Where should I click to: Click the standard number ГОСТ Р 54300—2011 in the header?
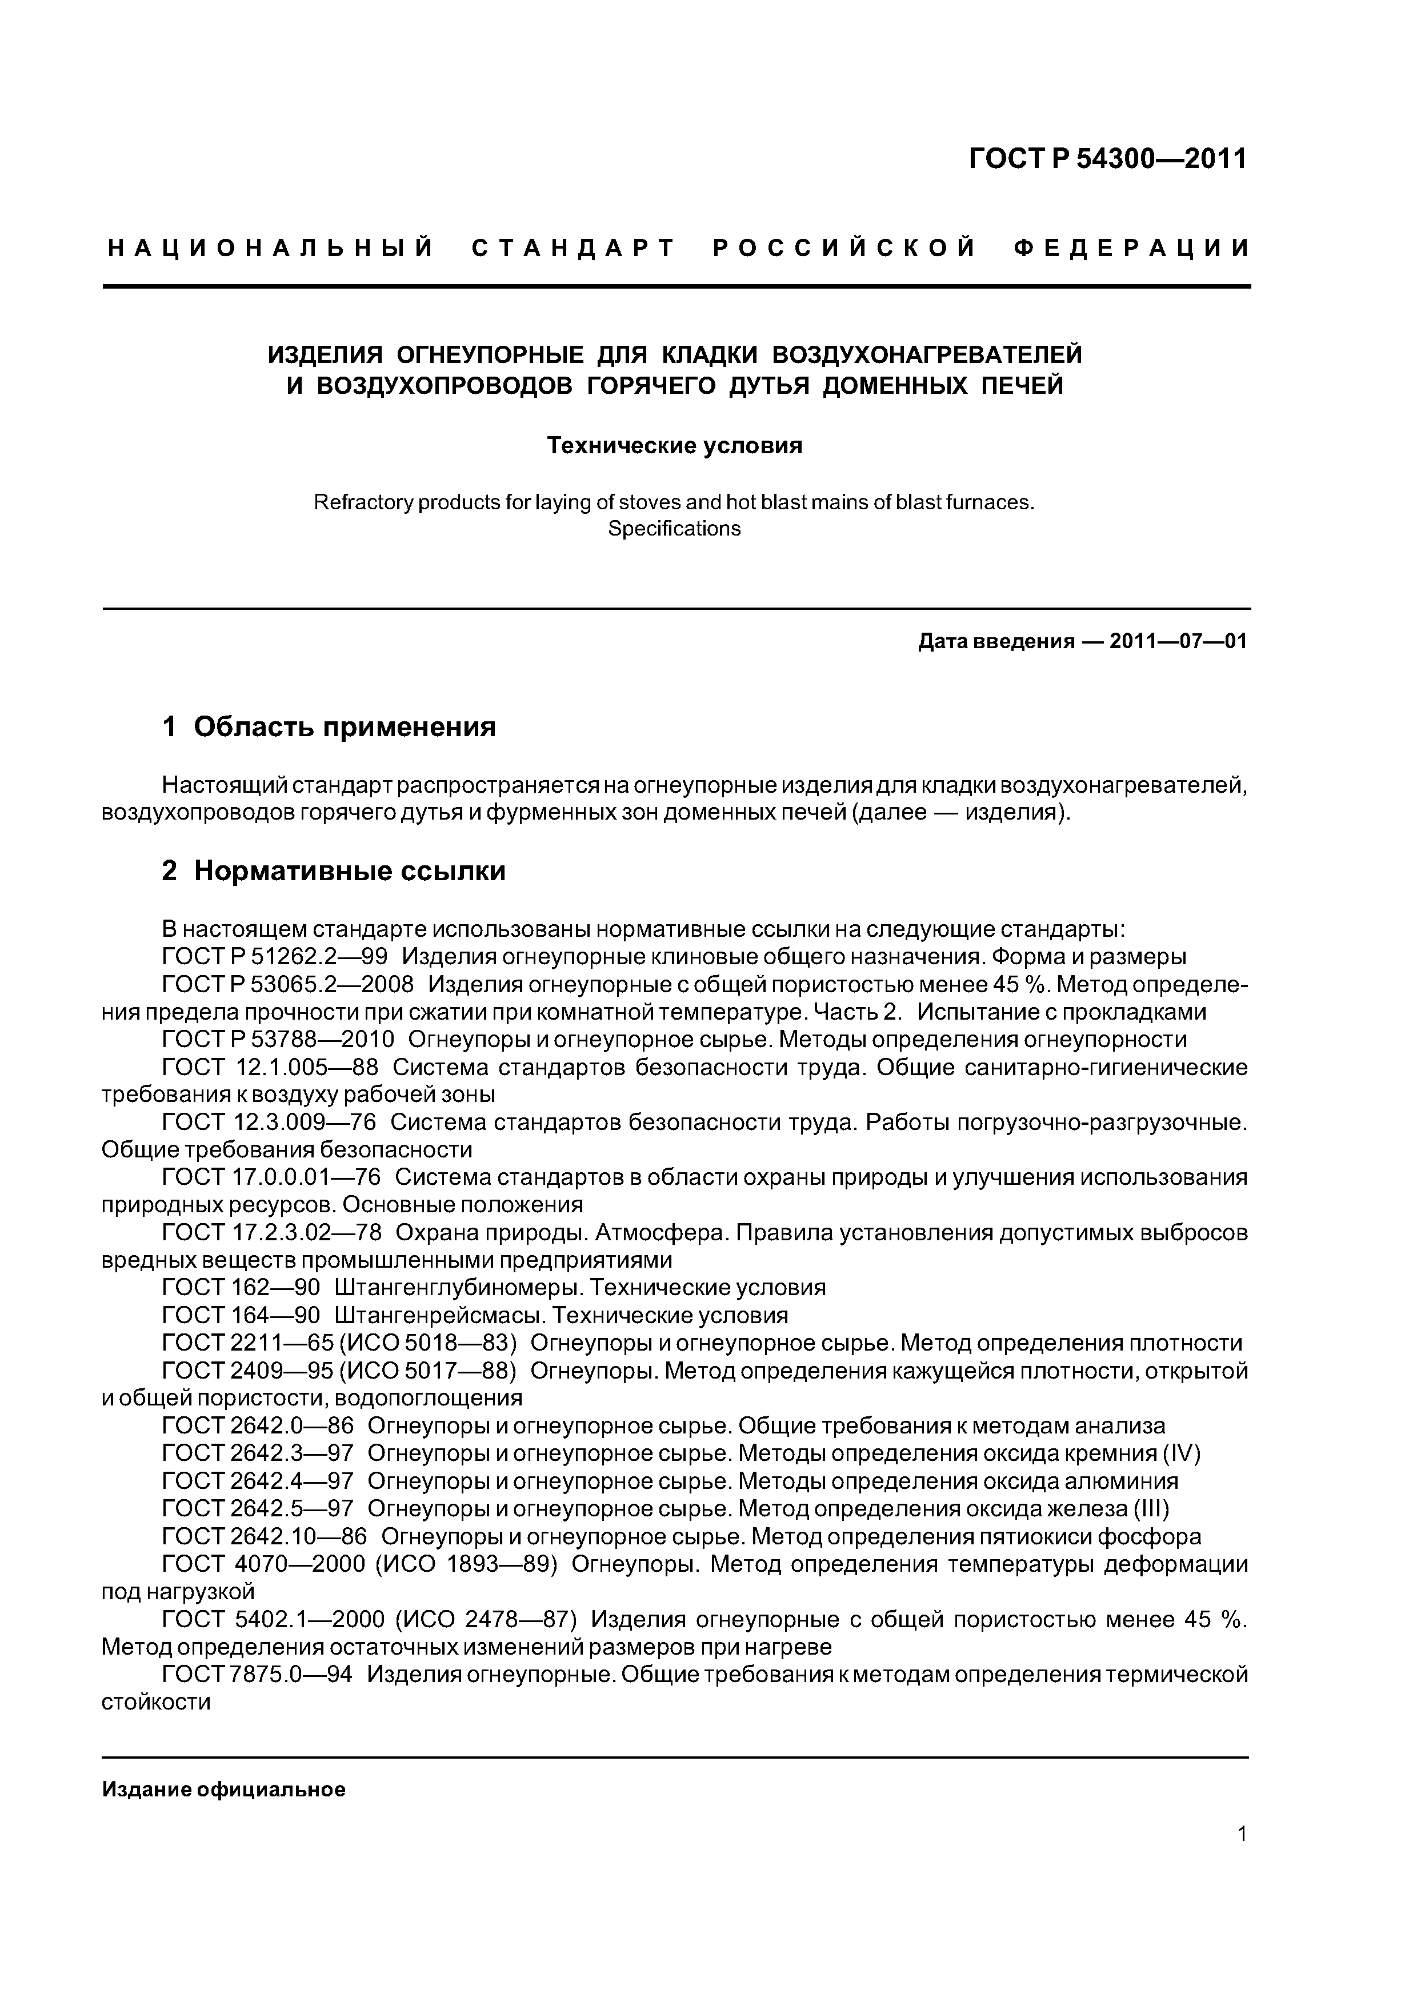1108,159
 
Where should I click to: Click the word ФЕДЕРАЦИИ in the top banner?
1131,249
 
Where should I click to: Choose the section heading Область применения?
344,726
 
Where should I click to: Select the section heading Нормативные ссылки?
349,870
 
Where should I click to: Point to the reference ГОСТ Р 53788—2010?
278,1039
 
